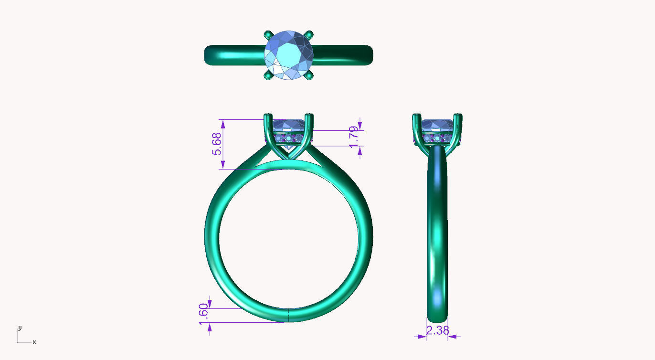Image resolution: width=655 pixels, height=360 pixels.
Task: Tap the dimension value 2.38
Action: click(x=437, y=330)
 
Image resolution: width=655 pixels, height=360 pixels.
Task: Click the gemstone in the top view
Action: click(x=289, y=55)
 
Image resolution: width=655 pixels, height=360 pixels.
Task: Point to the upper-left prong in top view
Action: click(x=268, y=34)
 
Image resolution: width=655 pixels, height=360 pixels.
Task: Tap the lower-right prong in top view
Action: click(x=310, y=76)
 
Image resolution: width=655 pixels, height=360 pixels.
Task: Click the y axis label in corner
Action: click(x=20, y=328)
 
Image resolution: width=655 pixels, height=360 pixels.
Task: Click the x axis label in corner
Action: click(x=34, y=342)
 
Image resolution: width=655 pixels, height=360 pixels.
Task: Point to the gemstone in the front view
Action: click(x=289, y=126)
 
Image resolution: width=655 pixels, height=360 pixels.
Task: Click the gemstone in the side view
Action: click(x=437, y=126)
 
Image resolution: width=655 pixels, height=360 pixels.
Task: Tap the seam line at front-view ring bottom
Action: click(x=289, y=315)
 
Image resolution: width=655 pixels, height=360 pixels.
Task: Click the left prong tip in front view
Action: click(x=268, y=116)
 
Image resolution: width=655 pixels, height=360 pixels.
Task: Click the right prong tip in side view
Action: click(x=458, y=116)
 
